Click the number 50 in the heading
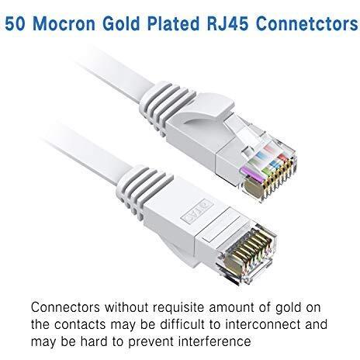(x=15, y=23)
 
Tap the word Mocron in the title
(x=64, y=23)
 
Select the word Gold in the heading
(x=121, y=23)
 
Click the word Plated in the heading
(x=174, y=23)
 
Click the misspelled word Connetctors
(x=307, y=23)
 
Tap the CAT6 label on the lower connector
(x=197, y=210)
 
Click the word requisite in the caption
(x=178, y=307)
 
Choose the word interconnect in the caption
(x=263, y=324)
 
